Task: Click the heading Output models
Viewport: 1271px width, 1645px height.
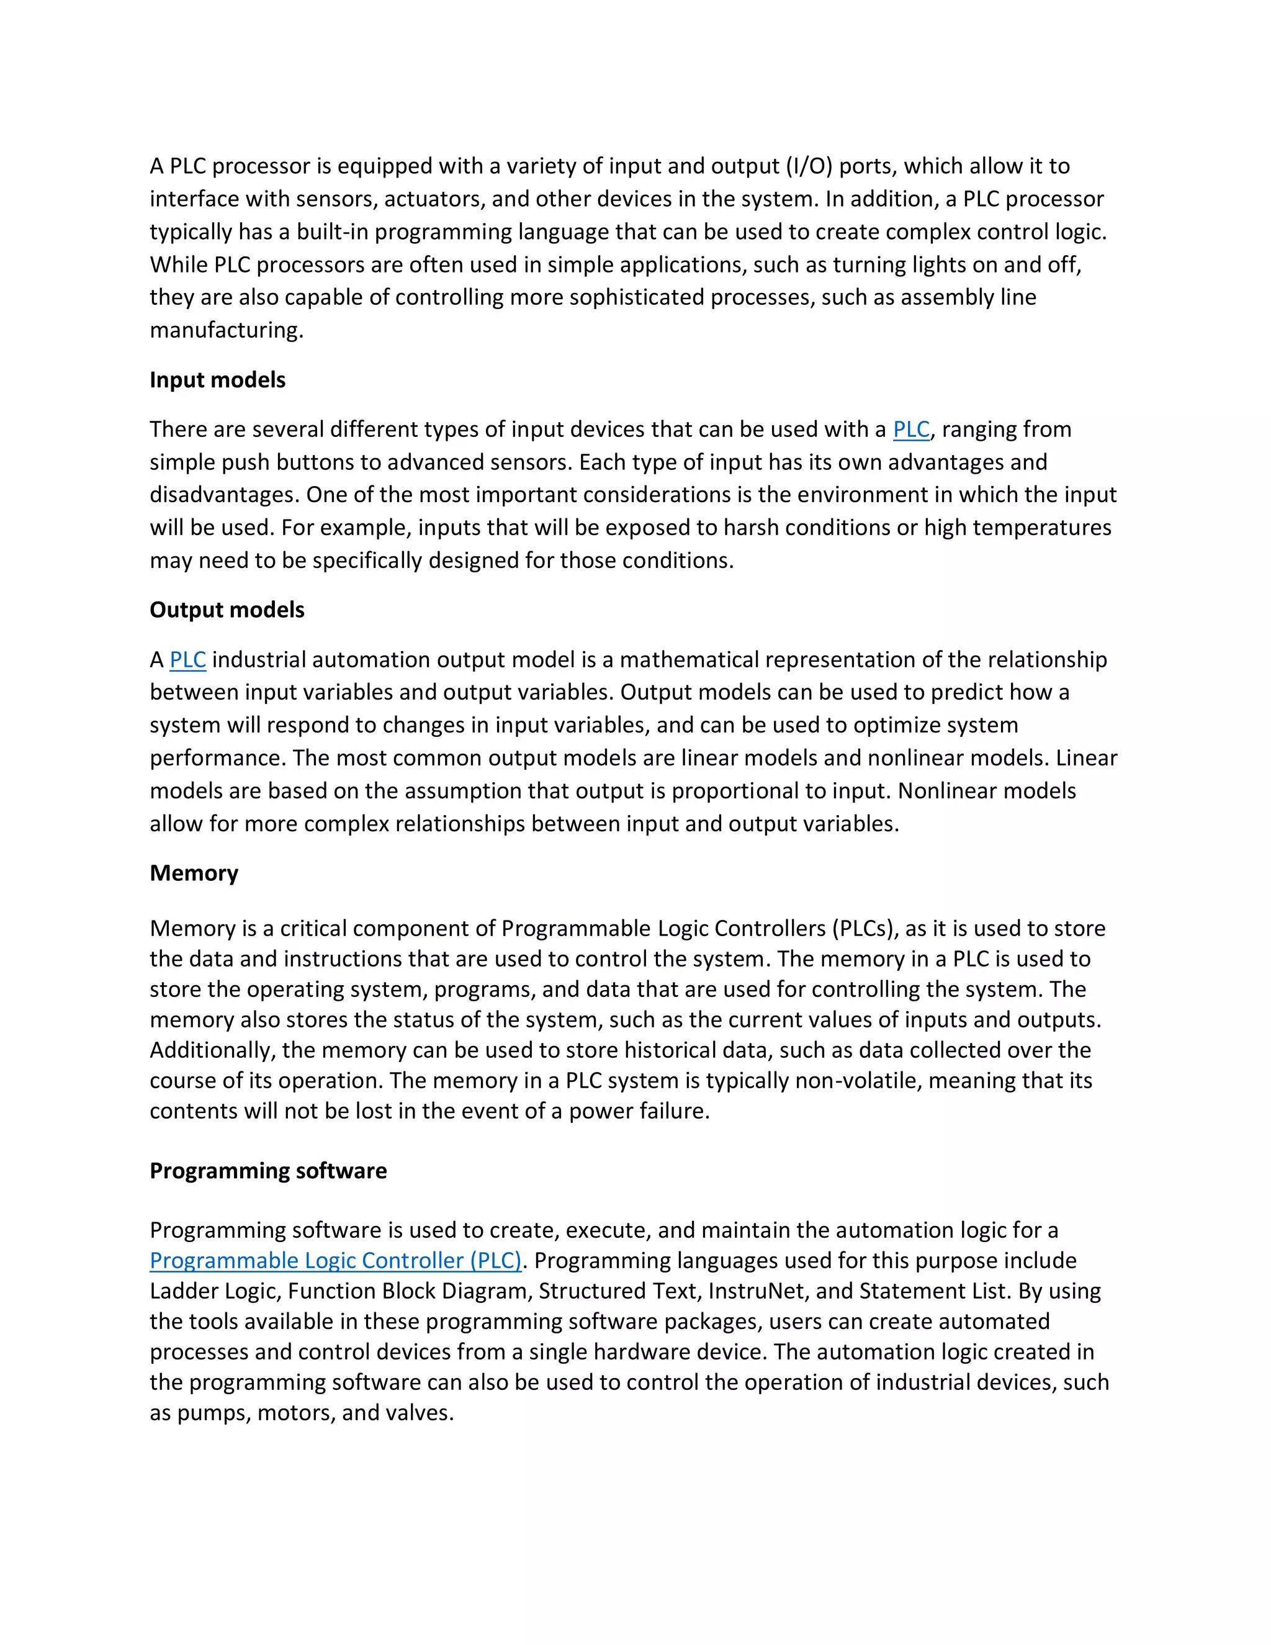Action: tap(227, 610)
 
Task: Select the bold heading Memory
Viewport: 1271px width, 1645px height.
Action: tap(194, 872)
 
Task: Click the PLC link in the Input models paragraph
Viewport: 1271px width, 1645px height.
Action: tap(911, 430)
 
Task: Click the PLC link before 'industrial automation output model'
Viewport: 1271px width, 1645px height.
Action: tap(187, 660)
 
